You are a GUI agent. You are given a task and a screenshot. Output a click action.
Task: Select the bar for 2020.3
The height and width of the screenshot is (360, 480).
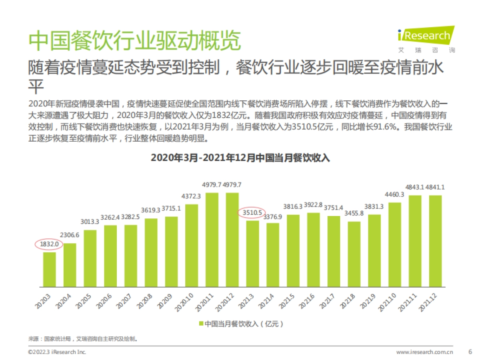[50, 269]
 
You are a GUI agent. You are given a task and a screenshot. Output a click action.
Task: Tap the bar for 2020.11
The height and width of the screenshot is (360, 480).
[212, 240]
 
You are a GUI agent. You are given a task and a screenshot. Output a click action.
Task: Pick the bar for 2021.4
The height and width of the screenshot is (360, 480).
[273, 255]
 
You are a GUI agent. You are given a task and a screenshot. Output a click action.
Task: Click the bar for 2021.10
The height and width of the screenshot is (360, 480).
[395, 244]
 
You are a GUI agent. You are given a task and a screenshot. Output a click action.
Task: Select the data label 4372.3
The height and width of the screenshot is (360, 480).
[192, 196]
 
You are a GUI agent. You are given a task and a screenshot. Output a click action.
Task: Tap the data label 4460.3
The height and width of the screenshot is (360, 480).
[394, 195]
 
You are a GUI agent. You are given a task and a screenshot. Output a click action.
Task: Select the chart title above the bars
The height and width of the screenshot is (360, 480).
[240, 158]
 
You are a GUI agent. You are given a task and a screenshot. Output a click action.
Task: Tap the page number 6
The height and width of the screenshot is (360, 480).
[470, 352]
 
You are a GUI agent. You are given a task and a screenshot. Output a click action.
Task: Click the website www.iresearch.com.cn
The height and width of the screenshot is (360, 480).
[424, 352]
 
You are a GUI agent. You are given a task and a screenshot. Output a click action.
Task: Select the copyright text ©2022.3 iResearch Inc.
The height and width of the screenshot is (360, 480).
[57, 352]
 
